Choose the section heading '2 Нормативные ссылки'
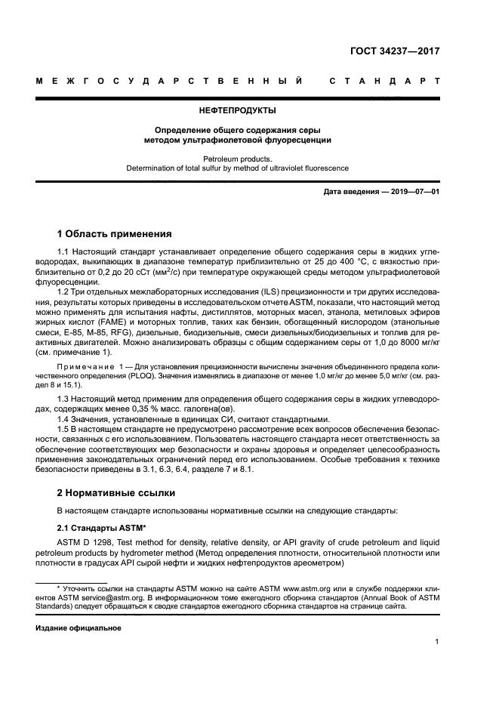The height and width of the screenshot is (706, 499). tap(116, 493)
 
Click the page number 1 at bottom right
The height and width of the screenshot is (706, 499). tap(437, 643)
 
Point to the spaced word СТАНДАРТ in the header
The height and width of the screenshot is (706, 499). tap(385, 82)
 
